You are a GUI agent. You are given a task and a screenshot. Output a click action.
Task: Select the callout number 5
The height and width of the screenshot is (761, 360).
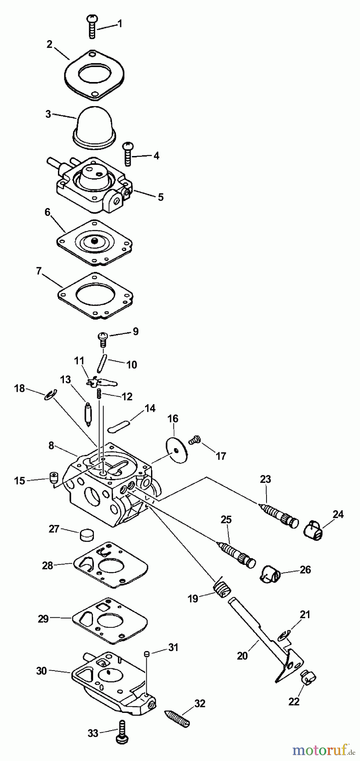161,197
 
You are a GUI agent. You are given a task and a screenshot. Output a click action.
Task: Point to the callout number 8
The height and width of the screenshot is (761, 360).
51,445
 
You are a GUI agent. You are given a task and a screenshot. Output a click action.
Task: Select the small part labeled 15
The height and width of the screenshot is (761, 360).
53,478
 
